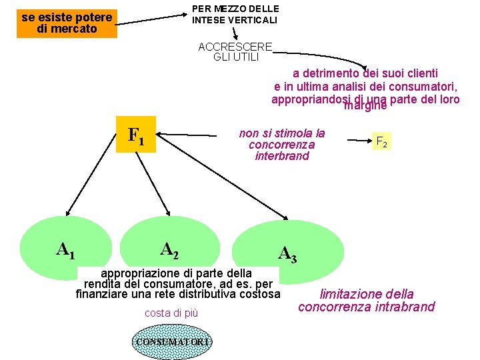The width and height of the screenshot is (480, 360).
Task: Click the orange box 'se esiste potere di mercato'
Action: click(x=67, y=23)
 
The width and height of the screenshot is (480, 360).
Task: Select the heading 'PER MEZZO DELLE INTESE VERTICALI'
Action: click(x=235, y=14)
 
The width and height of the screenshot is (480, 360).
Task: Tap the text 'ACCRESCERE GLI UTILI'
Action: click(x=235, y=51)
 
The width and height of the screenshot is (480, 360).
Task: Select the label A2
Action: click(x=169, y=249)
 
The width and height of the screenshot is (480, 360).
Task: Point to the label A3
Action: click(x=287, y=253)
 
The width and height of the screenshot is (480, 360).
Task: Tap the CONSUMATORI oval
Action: click(x=173, y=342)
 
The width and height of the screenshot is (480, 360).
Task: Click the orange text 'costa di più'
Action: click(x=171, y=313)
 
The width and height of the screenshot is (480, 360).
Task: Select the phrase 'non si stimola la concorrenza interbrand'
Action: click(x=282, y=144)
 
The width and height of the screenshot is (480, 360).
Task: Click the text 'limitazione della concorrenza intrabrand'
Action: click(x=366, y=300)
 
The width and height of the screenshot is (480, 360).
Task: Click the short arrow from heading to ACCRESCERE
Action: click(x=235, y=33)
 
